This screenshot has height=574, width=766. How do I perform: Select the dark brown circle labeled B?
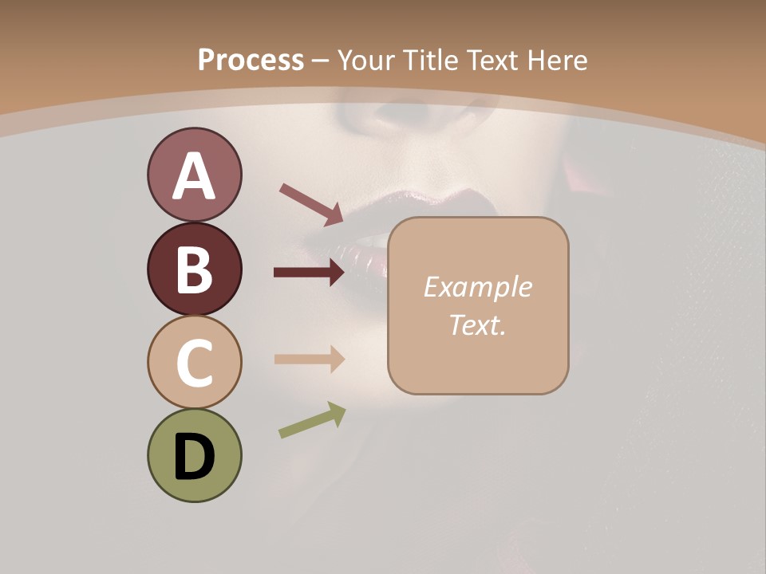tap(194, 269)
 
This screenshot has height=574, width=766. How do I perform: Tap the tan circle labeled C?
tap(194, 362)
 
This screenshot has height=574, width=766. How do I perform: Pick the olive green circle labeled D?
tap(194, 455)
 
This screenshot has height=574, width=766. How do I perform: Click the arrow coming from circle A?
tap(310, 203)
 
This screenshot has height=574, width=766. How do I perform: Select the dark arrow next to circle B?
tap(308, 273)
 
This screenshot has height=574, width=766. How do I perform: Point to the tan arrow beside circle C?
tap(308, 359)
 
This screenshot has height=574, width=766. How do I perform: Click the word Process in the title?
tap(251, 60)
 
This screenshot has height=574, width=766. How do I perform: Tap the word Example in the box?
tap(477, 287)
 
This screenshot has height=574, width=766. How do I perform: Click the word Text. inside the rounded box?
tap(477, 324)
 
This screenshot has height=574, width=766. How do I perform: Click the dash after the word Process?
tap(321, 61)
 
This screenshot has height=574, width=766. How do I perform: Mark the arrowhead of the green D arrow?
tap(338, 412)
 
